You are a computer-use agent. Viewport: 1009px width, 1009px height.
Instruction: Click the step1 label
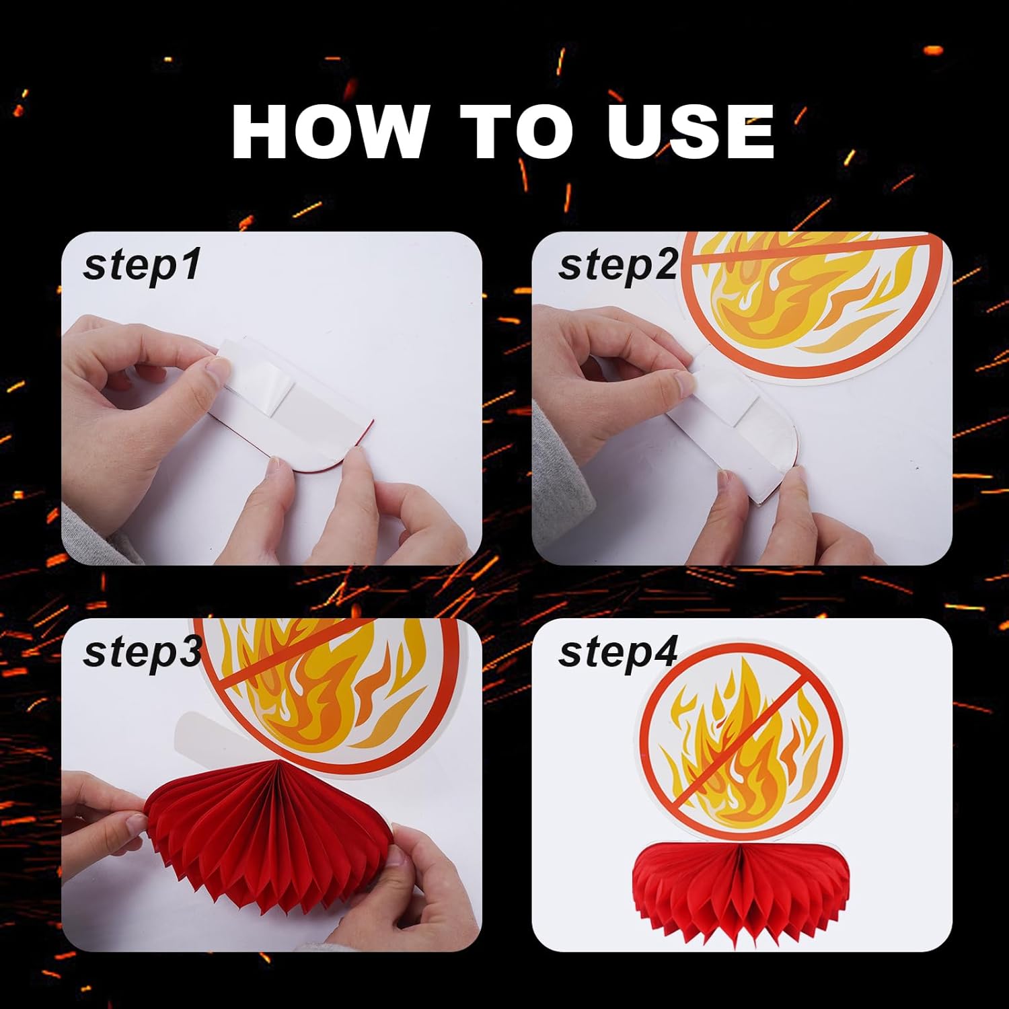pos(142,265)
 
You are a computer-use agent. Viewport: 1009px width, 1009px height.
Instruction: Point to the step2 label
pos(618,265)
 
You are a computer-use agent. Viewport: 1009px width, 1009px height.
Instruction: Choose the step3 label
pos(142,651)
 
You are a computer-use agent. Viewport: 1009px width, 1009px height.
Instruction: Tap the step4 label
pos(618,651)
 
